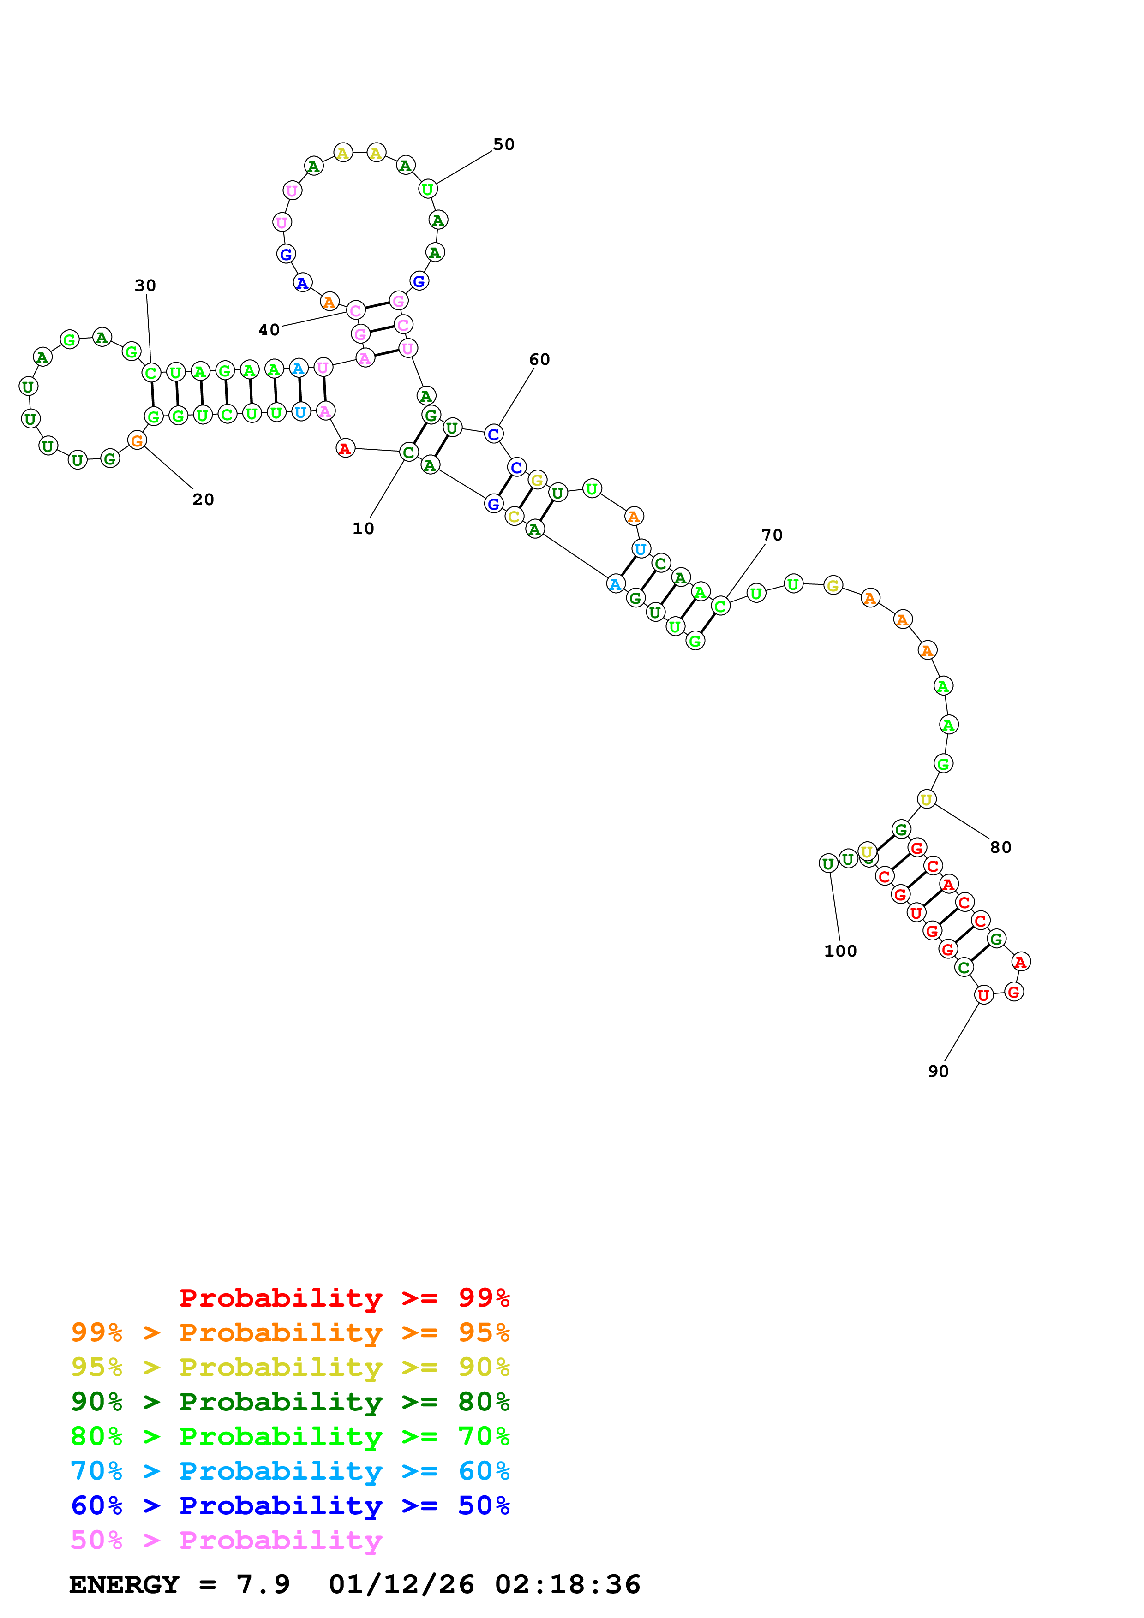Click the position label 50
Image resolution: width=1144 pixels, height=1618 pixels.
click(503, 144)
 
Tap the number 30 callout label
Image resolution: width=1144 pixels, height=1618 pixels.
click(145, 286)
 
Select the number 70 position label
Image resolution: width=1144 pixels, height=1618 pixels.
click(772, 535)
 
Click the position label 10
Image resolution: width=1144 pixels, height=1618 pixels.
click(363, 529)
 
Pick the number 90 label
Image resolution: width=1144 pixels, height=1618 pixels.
click(938, 1071)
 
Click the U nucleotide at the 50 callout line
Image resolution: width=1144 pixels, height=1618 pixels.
click(427, 189)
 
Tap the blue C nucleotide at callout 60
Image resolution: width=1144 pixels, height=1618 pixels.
click(493, 434)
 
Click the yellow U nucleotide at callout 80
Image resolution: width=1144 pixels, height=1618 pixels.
click(926, 799)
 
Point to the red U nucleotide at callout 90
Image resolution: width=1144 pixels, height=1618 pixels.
click(982, 994)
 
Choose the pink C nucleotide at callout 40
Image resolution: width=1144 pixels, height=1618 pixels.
click(355, 310)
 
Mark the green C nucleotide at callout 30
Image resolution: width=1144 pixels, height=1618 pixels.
click(150, 372)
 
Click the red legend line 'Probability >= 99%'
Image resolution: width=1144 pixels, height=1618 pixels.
click(345, 1297)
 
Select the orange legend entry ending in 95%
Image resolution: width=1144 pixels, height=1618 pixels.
click(290, 1332)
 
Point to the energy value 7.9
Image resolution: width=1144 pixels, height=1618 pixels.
click(263, 1584)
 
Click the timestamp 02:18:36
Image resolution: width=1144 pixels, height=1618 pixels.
click(568, 1584)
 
